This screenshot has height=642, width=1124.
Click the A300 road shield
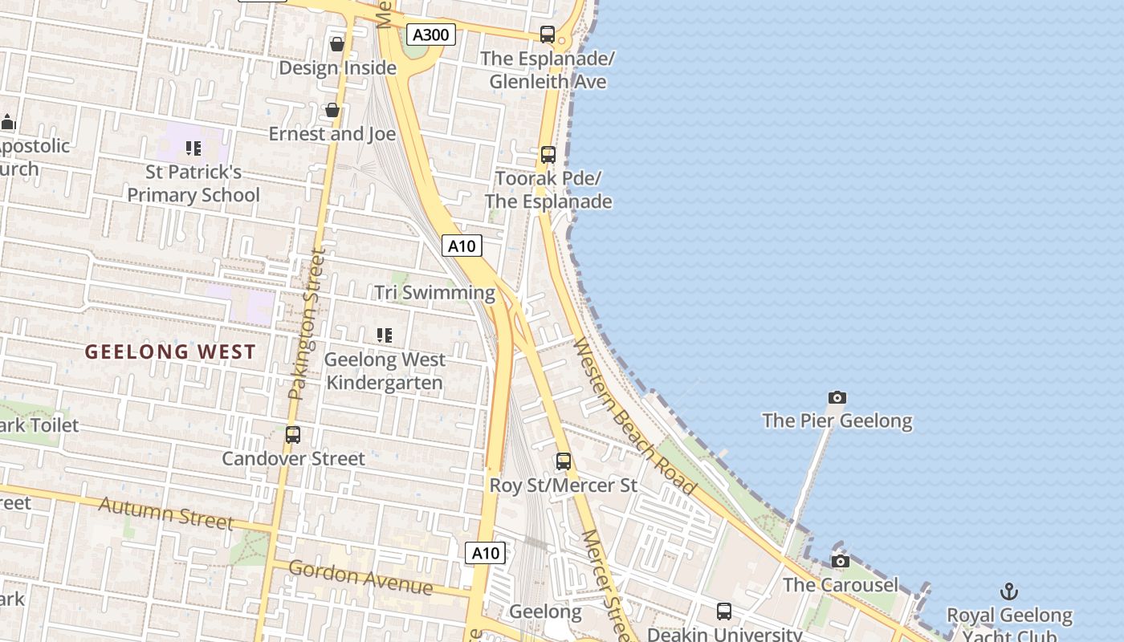click(x=431, y=35)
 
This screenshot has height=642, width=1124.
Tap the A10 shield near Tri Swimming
click(x=462, y=246)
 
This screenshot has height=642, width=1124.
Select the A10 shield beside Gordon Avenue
click(x=485, y=552)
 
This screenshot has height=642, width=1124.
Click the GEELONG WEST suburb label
click(x=170, y=351)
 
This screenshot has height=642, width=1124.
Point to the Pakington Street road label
click(x=307, y=324)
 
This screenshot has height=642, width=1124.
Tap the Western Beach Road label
click(x=633, y=416)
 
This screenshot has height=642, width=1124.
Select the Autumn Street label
click(x=166, y=513)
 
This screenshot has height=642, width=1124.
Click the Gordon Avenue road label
click(x=360, y=578)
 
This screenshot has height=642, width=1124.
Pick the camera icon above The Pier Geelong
click(x=837, y=397)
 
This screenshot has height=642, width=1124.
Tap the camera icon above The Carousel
click(x=840, y=561)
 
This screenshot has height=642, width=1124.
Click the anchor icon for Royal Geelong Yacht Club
click(x=1008, y=592)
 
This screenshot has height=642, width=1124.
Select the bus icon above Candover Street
click(x=293, y=435)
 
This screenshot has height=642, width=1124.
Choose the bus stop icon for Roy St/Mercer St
click(x=564, y=461)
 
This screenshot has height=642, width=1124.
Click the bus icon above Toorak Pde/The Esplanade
click(x=548, y=154)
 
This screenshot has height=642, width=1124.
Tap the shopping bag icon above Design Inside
click(x=337, y=44)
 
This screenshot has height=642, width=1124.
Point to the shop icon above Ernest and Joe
click(x=332, y=110)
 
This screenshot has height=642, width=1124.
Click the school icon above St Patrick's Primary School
click(x=193, y=148)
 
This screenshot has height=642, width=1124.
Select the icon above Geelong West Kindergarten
click(x=385, y=335)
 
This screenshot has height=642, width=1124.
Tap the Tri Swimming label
click(x=434, y=293)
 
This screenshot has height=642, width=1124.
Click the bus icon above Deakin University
click(x=724, y=612)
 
